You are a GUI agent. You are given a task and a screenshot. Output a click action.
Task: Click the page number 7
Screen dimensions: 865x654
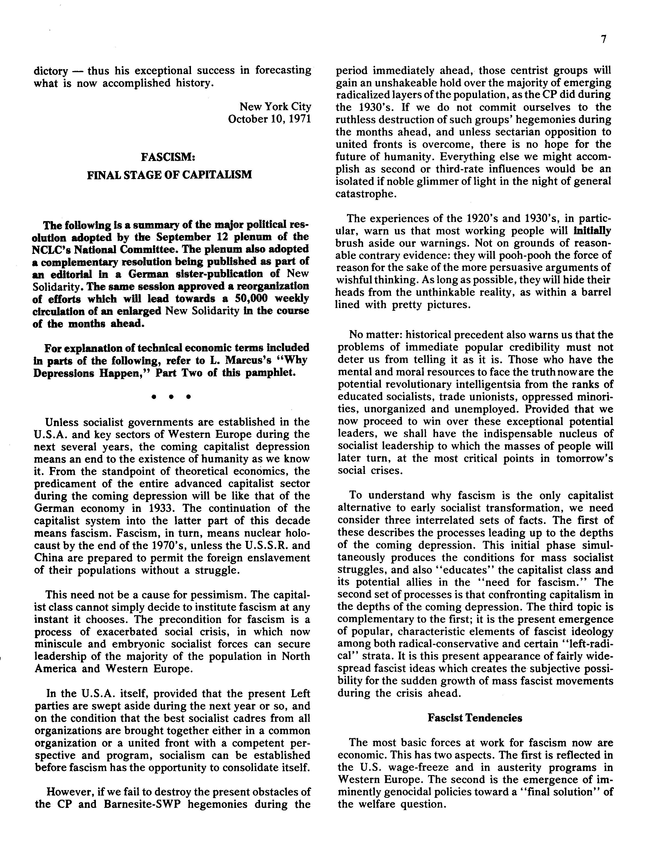603,40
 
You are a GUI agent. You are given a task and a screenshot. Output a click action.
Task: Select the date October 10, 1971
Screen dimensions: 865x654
269,119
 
